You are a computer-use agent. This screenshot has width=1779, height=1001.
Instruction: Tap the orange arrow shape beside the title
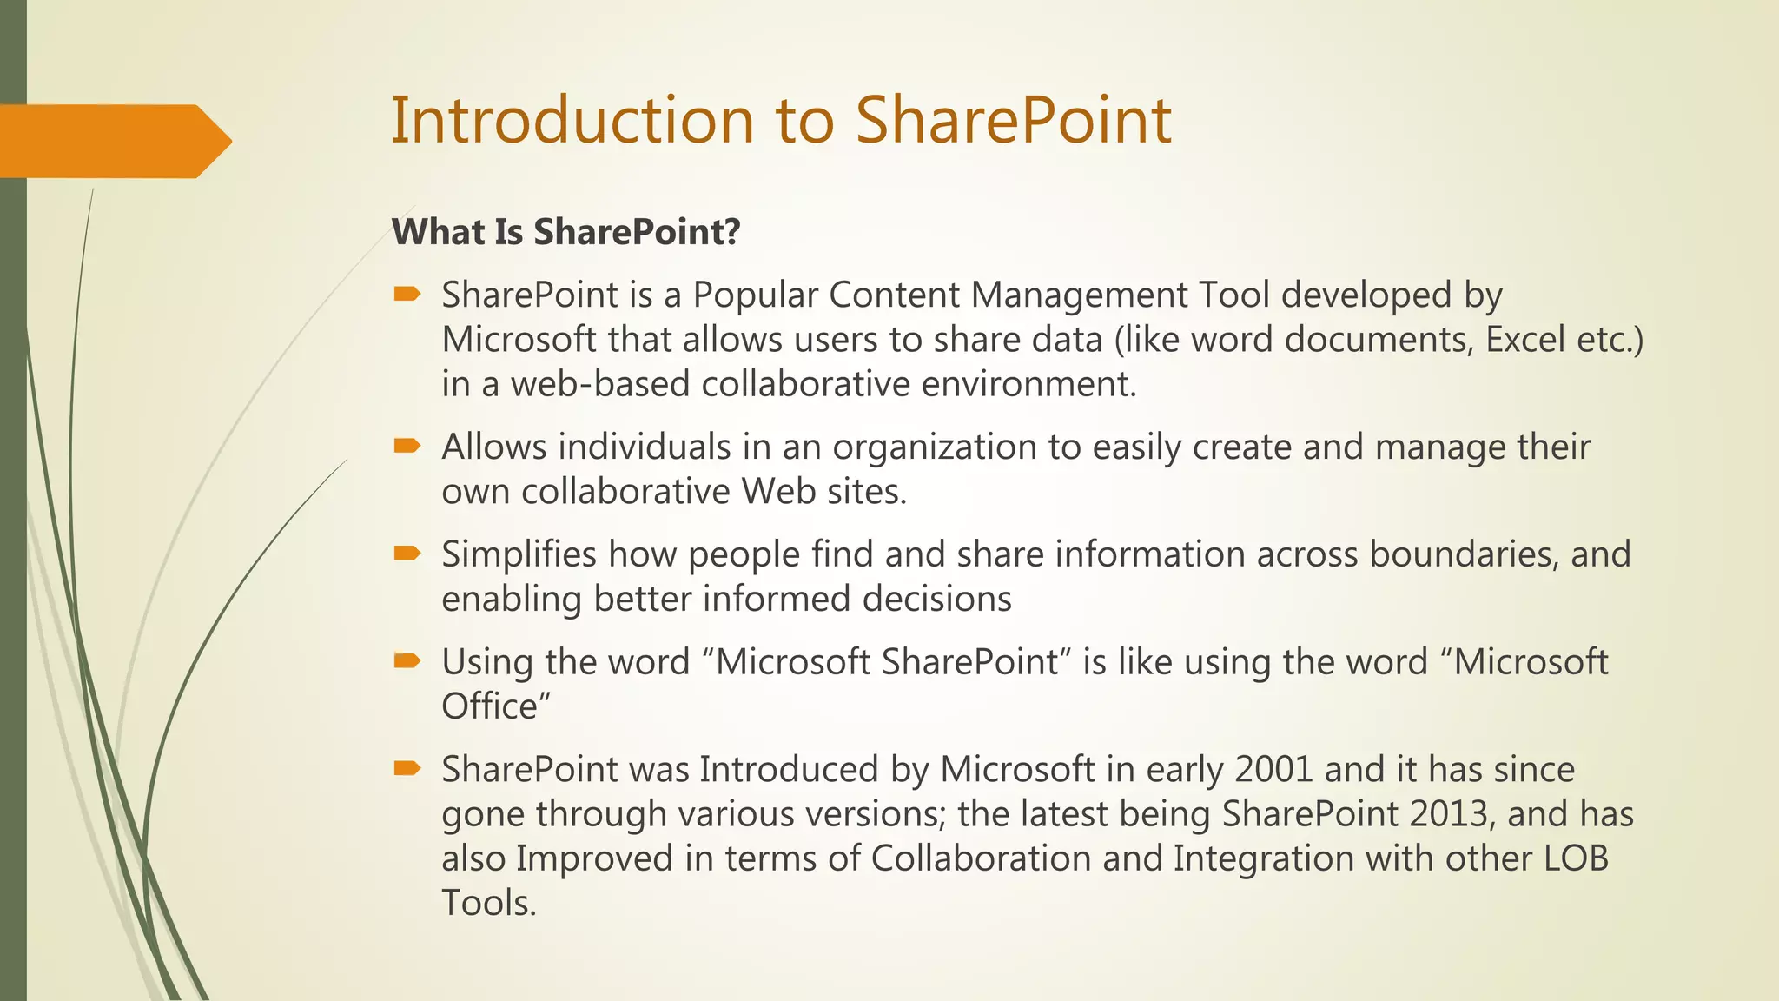pos(113,141)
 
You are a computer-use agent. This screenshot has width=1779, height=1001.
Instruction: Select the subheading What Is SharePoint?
pos(565,232)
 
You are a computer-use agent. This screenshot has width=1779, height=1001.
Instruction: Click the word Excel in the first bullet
pos(1525,340)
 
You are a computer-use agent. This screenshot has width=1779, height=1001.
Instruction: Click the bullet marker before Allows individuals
pos(407,447)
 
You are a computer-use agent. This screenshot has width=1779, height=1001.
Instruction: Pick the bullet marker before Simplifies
pos(407,554)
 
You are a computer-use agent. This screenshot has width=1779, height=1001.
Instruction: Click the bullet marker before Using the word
pos(407,661)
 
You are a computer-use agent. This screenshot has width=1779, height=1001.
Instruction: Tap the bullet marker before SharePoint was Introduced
pos(407,768)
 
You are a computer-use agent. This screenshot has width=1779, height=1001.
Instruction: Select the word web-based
pos(599,384)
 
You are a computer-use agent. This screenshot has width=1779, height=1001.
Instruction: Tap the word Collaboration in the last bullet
pos(981,858)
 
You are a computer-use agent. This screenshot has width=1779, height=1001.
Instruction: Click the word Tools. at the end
pos(489,904)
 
